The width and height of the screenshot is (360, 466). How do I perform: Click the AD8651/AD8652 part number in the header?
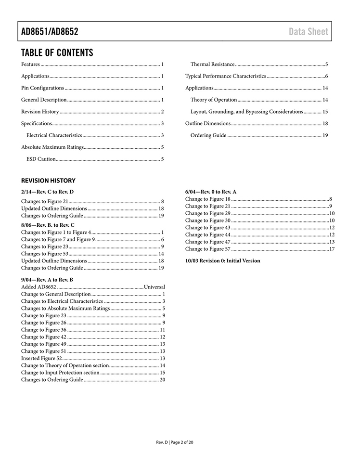click(50, 32)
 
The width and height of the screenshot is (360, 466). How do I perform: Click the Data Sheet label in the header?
click(309, 32)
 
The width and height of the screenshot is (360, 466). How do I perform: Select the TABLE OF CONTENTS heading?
click(57, 52)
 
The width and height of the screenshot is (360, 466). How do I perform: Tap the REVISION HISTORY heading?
click(48, 181)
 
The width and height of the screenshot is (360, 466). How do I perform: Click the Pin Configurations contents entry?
click(43, 88)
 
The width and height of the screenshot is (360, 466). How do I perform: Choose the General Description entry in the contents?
click(44, 100)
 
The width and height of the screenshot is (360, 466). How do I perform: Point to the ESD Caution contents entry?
click(41, 159)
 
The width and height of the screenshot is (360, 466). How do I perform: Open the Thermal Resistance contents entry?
click(212, 64)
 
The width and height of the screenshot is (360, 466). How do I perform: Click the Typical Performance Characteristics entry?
click(225, 76)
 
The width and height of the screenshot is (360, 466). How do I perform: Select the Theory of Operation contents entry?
click(214, 100)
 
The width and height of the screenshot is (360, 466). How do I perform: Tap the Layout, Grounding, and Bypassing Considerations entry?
click(246, 112)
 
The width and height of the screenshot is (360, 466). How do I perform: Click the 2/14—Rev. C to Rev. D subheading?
click(47, 192)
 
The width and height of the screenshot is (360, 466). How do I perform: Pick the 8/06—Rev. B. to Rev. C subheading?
click(48, 225)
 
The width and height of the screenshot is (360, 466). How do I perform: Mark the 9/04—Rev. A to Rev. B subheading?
click(47, 279)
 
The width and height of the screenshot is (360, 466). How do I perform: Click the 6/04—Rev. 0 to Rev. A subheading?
click(211, 192)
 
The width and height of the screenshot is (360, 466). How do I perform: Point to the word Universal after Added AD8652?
click(154, 287)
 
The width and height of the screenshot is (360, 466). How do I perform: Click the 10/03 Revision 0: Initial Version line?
click(223, 261)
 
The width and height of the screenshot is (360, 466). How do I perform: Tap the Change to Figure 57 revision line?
click(208, 249)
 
